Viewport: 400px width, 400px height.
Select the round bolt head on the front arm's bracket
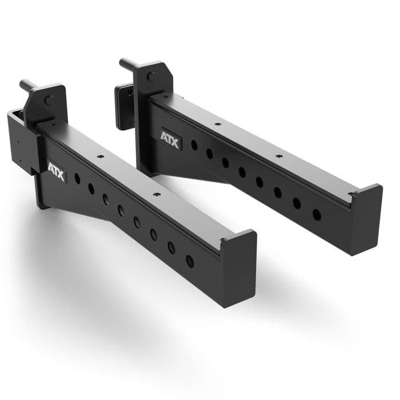[50, 101]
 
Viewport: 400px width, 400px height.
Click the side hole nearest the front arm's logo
[77, 179]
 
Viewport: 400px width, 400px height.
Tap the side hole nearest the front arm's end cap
[190, 261]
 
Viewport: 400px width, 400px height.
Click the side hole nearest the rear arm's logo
[194, 145]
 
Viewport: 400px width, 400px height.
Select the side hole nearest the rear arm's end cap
[317, 215]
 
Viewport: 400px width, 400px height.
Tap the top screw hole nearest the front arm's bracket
[101, 155]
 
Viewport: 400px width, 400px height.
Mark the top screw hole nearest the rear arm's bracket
[217, 123]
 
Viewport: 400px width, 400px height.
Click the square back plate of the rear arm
[123, 107]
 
